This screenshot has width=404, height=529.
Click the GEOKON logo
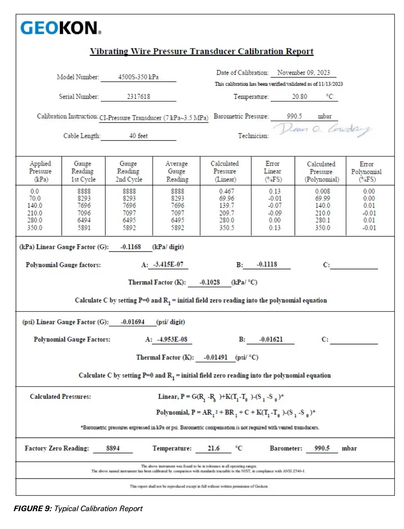click(61, 28)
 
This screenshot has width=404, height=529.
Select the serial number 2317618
click(138, 97)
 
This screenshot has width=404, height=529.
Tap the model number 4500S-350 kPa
click(138, 77)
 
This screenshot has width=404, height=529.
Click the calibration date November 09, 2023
click(303, 73)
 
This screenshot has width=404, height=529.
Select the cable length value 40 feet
click(138, 136)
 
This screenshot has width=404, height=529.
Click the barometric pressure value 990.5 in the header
click(294, 116)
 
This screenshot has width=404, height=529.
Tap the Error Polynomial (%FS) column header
click(366, 171)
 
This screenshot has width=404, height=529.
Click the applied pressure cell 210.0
click(35, 213)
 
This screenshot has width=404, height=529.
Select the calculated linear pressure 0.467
click(226, 191)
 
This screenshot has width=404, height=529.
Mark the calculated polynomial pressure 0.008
click(322, 191)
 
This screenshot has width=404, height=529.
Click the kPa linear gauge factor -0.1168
click(131, 247)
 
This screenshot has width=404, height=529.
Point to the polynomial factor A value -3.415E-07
click(168, 264)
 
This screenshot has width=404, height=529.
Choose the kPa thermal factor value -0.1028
click(210, 282)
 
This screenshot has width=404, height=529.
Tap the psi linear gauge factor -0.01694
click(133, 322)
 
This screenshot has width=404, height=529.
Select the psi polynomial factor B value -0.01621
click(271, 339)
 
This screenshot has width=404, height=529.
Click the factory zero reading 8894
click(113, 448)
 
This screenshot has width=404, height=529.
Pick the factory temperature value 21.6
click(214, 448)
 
